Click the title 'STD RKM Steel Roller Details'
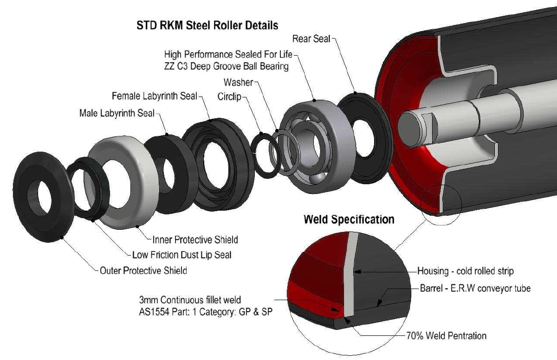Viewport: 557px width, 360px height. [x=207, y=25]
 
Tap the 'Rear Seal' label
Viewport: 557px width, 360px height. [x=311, y=39]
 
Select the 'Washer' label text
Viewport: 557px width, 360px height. [x=238, y=83]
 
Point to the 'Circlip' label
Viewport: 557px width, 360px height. [x=230, y=97]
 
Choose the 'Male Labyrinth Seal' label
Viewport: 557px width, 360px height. [x=117, y=113]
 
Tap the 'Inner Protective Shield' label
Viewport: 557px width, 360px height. [x=195, y=240]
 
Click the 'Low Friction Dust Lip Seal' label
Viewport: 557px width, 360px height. [x=181, y=255]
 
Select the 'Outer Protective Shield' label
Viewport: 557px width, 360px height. [x=143, y=270]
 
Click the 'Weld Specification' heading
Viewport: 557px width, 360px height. [x=349, y=219]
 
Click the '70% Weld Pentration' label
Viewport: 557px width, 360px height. [x=445, y=335]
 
